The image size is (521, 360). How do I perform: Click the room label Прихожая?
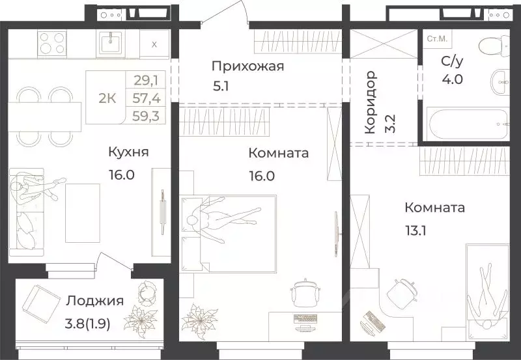tap(248, 66)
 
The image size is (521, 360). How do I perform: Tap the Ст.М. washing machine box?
tap(436, 40)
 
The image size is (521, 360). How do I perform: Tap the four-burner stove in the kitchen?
tap(52, 44)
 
